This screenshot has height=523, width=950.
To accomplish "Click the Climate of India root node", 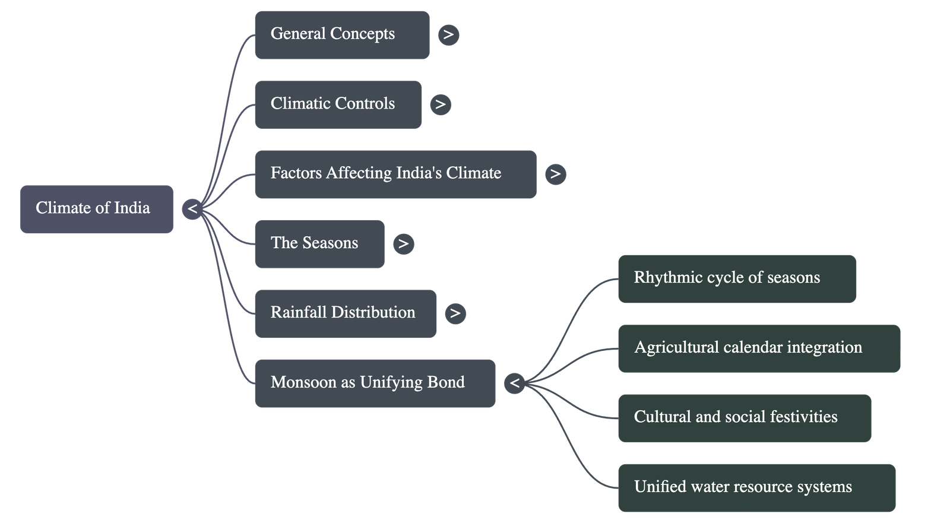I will [x=97, y=209].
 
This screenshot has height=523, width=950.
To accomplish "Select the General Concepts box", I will [x=342, y=35].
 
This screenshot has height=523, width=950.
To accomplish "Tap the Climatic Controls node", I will [x=338, y=105].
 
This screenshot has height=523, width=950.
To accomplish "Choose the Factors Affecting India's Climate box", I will [x=395, y=175].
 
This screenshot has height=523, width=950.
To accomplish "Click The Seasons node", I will [x=319, y=244].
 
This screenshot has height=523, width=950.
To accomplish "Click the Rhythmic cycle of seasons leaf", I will [x=737, y=279].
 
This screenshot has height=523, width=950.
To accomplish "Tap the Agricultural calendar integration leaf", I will [x=759, y=348].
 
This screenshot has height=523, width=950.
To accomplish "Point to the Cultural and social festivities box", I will [x=745, y=418].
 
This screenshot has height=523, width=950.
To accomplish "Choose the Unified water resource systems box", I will [x=756, y=488].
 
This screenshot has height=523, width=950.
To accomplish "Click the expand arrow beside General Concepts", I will [x=449, y=35].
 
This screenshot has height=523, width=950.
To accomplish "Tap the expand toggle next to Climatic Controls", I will [x=440, y=105].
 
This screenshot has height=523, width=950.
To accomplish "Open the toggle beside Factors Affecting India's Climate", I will [x=555, y=175].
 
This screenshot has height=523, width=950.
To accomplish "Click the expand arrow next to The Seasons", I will [x=404, y=244].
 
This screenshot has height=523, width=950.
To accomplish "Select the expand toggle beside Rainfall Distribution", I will [x=455, y=314].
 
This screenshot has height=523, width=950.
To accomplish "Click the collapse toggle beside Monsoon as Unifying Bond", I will [x=515, y=383].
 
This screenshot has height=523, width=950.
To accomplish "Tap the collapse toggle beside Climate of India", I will [x=192, y=209].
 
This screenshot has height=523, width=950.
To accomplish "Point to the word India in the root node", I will [x=132, y=208].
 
